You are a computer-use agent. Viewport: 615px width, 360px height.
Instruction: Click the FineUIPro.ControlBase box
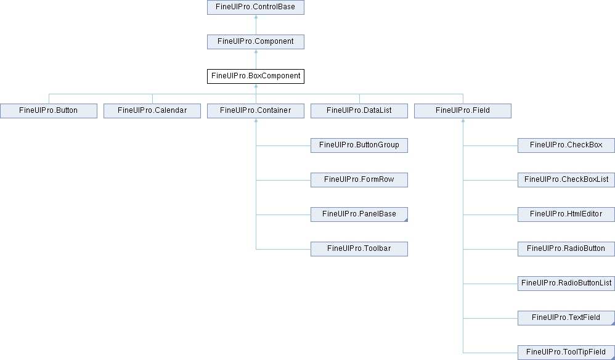click(x=256, y=7)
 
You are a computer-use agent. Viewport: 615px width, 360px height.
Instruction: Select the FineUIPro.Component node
click(x=256, y=41)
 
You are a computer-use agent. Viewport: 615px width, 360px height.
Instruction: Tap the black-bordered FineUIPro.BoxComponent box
click(x=256, y=76)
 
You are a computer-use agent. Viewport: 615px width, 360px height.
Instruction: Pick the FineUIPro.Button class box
click(x=49, y=110)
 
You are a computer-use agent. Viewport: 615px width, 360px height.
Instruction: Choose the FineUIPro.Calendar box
click(x=152, y=110)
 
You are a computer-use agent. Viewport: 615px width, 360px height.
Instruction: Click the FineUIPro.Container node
click(x=256, y=110)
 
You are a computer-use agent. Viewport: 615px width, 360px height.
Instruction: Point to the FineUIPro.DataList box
click(x=359, y=110)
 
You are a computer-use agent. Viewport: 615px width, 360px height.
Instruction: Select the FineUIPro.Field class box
click(x=463, y=110)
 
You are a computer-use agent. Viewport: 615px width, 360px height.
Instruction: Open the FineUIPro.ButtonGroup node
click(x=359, y=145)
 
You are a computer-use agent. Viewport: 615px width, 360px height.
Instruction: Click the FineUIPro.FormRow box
click(x=359, y=179)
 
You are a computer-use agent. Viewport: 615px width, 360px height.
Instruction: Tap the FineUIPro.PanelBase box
click(x=359, y=214)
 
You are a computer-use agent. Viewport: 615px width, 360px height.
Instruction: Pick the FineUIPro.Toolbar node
click(x=359, y=248)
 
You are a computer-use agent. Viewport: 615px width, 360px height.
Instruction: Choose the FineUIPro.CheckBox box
click(x=566, y=145)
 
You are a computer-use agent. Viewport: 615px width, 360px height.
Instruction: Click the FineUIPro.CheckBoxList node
click(x=566, y=179)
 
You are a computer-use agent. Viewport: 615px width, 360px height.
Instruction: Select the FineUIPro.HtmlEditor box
click(x=566, y=214)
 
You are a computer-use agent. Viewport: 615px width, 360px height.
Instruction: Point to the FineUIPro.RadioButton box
click(x=566, y=248)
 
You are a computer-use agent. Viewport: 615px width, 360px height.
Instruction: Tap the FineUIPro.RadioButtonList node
click(x=566, y=283)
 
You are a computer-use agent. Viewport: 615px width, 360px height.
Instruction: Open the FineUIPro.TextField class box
click(x=566, y=317)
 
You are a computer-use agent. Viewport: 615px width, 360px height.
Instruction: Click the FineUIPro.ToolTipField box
click(x=566, y=352)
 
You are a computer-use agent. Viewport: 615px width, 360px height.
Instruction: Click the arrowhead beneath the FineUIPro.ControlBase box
click(x=256, y=17)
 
